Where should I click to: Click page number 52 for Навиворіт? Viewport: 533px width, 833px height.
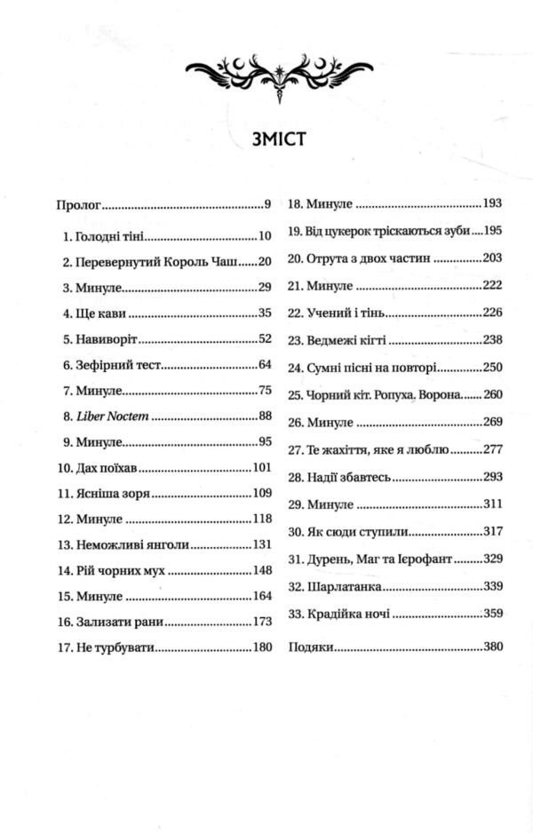pos(263,338)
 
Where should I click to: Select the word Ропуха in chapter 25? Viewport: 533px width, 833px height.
pos(395,394)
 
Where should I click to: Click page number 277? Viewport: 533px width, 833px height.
pos(493,450)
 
